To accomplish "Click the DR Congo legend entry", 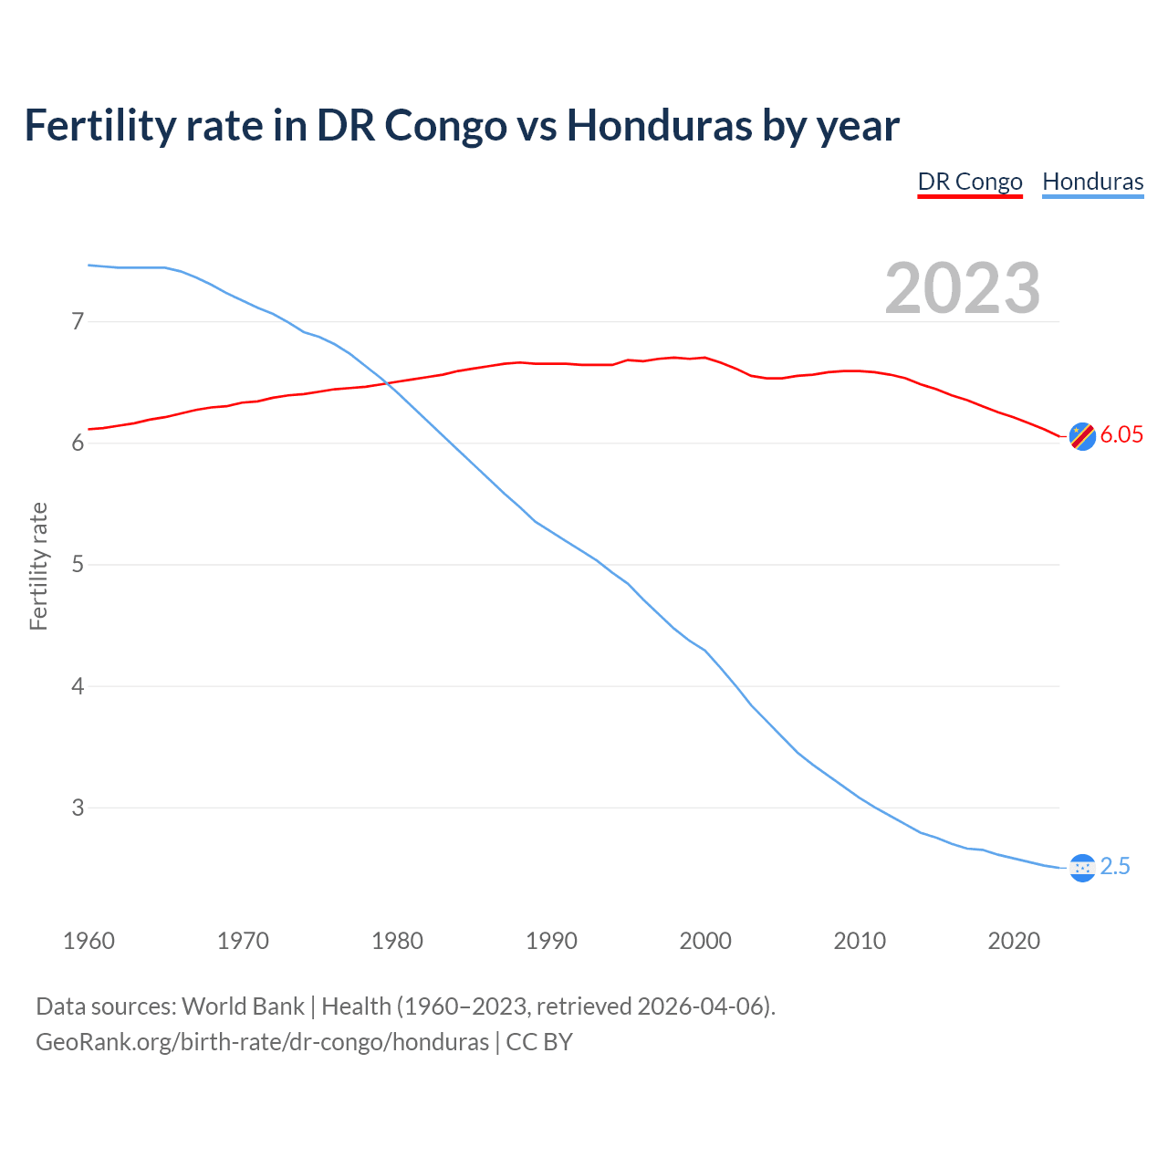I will coord(969,182).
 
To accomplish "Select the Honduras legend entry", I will coord(1092,182).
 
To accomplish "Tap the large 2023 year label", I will coord(963,288).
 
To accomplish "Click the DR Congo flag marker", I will coord(1082,436).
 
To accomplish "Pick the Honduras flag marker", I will coord(1082,868).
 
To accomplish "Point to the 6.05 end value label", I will coord(1121,435).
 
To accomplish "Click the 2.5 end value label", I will coord(1115,867).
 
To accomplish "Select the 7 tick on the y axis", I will coord(78,321).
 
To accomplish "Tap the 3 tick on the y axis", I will coord(78,808).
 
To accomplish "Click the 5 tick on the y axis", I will coord(78,565).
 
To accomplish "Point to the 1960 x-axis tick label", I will coord(89,941).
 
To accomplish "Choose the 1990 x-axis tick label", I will coord(551,941).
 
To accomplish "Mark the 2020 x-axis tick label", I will coord(1014,941).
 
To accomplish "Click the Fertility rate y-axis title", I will coord(38,566).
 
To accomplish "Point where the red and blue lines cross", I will coord(388,383).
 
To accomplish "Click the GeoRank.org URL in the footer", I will coord(262,1042).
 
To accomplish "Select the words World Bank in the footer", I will coord(243,1006).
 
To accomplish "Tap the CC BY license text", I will coord(539,1042).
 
